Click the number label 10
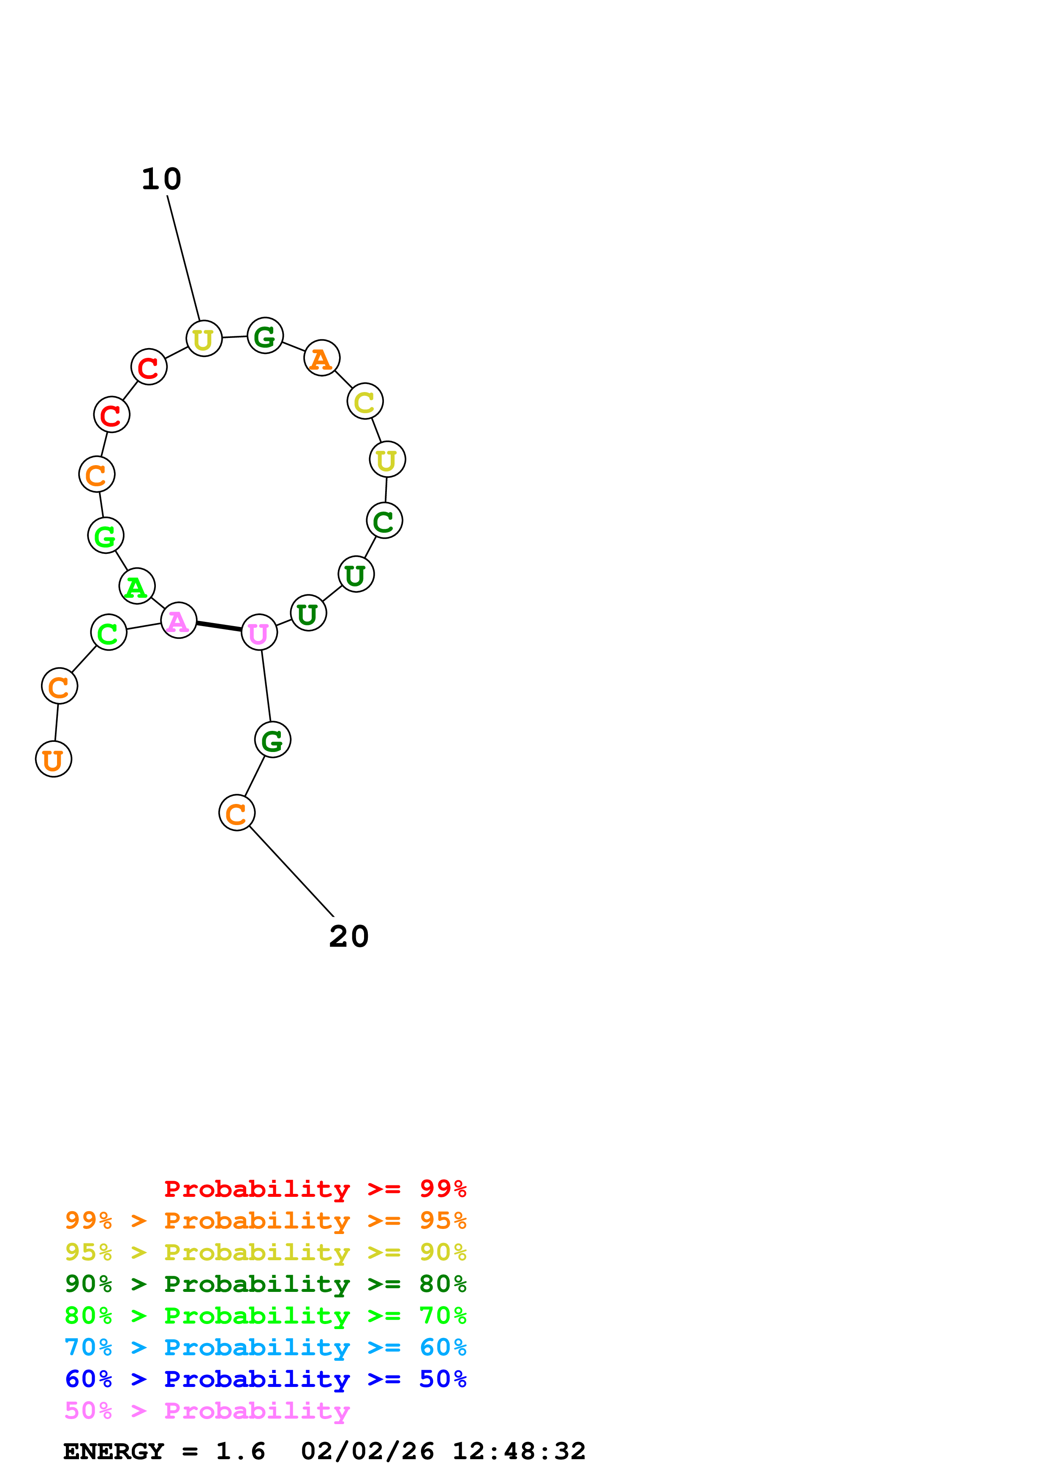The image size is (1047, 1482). point(161,180)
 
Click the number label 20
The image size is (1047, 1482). point(348,937)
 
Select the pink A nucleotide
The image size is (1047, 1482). point(178,620)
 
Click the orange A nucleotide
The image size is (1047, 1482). point(321,358)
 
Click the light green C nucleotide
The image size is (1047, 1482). point(109,632)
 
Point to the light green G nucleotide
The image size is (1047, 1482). point(105,535)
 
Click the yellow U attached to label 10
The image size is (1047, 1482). point(204,339)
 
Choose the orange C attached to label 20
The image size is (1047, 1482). point(237,813)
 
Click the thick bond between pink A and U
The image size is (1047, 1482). point(219,626)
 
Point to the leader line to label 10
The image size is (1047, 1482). point(183,258)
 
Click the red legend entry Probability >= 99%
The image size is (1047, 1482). point(315,1188)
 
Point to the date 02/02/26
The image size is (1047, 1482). point(367,1452)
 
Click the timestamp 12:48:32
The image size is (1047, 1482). point(519,1452)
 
